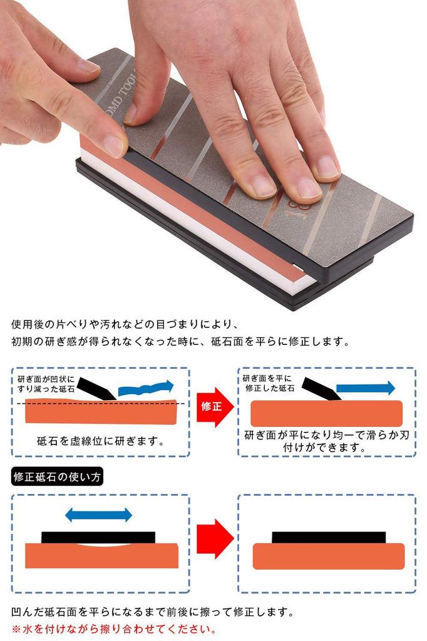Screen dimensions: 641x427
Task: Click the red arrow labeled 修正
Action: click(213, 408)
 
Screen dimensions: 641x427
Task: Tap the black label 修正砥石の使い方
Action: click(58, 476)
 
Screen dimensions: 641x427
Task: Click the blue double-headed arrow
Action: click(99, 515)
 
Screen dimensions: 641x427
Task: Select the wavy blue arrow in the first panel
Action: click(145, 389)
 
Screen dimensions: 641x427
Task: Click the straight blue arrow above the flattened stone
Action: click(366, 387)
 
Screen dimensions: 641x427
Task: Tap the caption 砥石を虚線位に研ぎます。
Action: click(100, 441)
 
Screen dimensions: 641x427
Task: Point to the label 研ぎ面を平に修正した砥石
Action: click(269, 383)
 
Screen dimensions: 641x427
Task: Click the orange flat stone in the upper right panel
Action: click(326, 413)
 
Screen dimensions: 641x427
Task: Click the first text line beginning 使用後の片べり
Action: click(125, 325)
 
